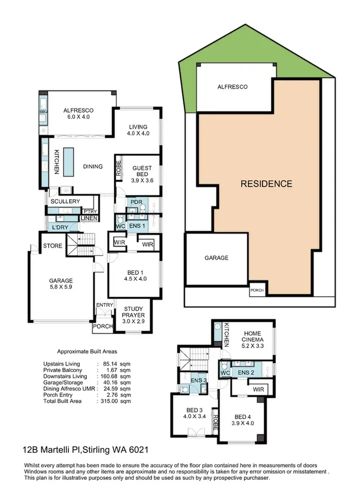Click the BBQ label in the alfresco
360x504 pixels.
coord(42,112)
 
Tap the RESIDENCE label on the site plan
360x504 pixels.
coord(266,183)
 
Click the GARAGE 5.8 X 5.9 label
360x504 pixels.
coord(60,284)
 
